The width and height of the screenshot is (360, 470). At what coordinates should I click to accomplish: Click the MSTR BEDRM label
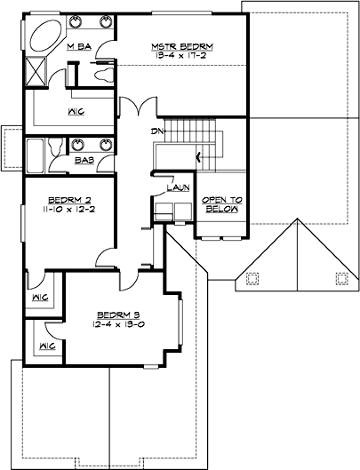pyautogui.click(x=181, y=46)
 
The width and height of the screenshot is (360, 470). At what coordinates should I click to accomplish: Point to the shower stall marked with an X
pyautogui.click(x=37, y=68)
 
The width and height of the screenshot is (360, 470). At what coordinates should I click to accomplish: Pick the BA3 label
pyautogui.click(x=84, y=162)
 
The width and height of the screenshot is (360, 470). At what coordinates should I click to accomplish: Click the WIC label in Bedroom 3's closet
pyautogui.click(x=48, y=344)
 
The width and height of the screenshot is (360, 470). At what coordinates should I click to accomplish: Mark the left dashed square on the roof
pyautogui.click(x=252, y=277)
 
